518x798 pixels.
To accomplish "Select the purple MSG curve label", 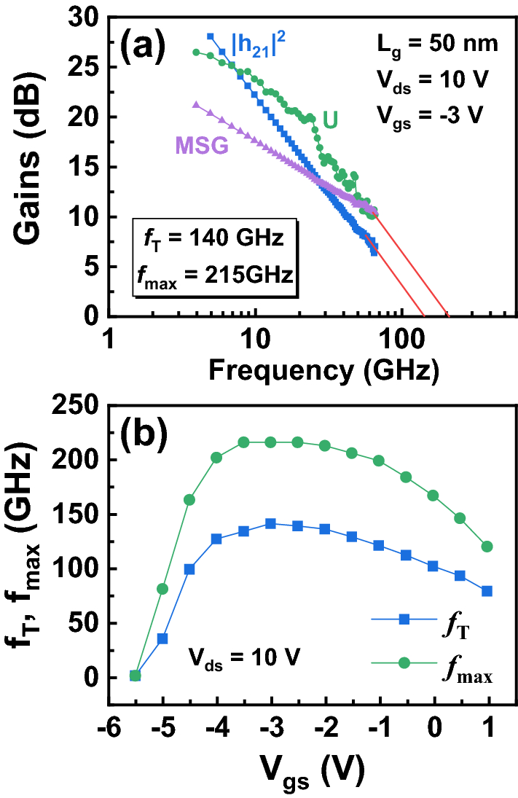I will [x=200, y=146].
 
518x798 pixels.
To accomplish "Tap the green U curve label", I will [x=329, y=120].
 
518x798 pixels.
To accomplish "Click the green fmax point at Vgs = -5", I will [x=162, y=588].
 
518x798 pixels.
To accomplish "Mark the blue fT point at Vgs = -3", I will [x=270, y=523].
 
